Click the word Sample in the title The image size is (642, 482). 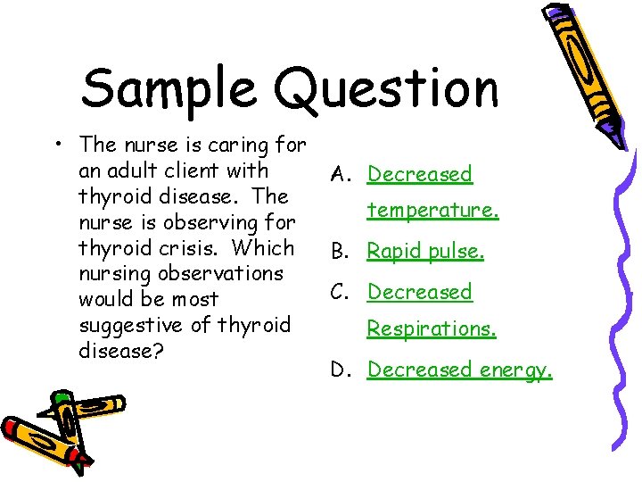coord(170,89)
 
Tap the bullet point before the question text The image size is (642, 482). coord(56,144)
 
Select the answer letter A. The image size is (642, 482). coord(342,175)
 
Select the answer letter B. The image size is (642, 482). coord(342,252)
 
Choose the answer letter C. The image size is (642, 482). coord(342,292)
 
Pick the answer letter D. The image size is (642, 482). coord(342,370)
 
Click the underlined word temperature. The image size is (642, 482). coord(432,211)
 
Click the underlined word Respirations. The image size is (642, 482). coord(432,329)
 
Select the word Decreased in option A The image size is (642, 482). coord(420,174)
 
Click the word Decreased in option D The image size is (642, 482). coord(420,369)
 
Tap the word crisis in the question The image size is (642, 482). coord(176,247)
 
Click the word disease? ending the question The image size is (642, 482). coord(121,351)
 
